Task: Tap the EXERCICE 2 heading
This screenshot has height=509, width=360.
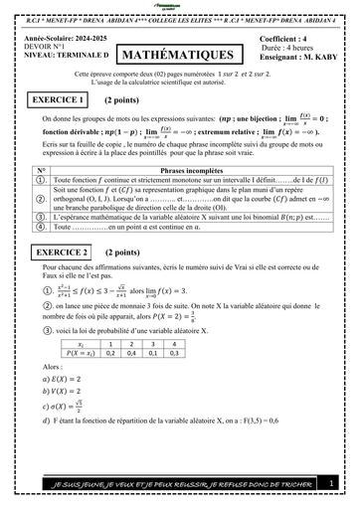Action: tap(57, 254)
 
